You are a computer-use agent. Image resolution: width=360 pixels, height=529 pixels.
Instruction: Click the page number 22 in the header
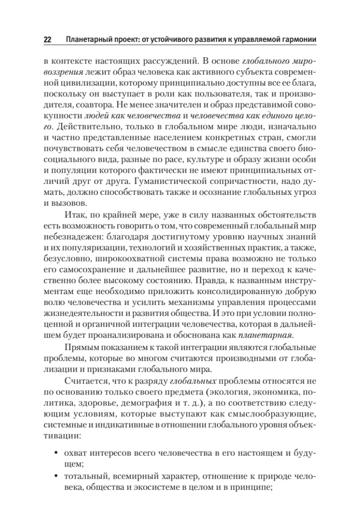48,40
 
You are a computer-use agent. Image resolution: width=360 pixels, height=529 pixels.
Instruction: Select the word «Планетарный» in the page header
87,40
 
